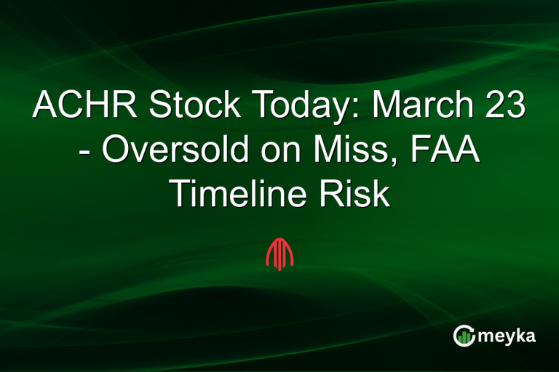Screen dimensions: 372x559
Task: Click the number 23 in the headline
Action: pos(504,107)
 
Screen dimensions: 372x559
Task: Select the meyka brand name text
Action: pos(505,336)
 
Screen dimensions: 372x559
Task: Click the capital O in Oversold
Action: pos(114,150)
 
